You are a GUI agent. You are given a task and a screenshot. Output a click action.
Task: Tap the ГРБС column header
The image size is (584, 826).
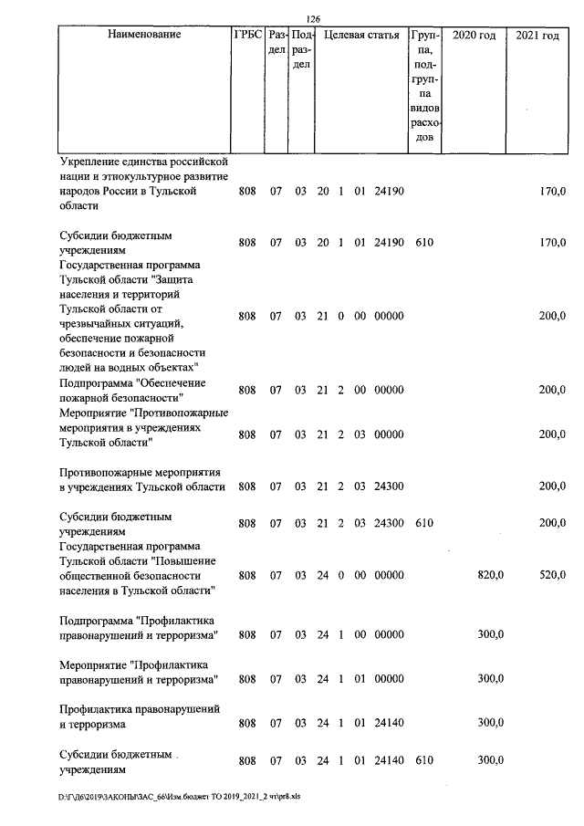click(x=247, y=36)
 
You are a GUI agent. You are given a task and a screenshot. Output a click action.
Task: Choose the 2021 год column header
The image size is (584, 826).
click(x=538, y=36)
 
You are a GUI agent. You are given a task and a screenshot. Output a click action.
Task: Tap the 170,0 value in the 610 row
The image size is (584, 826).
click(x=552, y=243)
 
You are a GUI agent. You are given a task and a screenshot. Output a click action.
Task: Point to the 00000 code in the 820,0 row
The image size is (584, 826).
click(x=389, y=575)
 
